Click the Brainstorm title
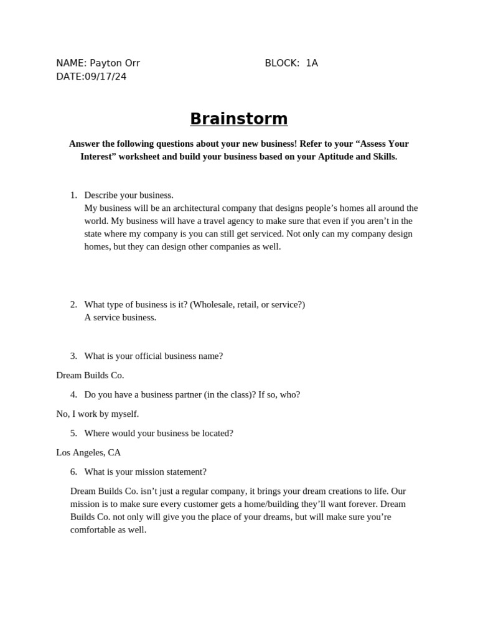[238, 119]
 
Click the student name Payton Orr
[115, 63]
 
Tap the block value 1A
[311, 63]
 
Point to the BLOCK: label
[282, 63]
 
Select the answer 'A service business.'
[120, 317]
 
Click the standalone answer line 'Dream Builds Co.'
[90, 375]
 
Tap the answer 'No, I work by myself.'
[98, 414]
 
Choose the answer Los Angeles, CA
[88, 452]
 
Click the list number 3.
[73, 356]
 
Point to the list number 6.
[73, 472]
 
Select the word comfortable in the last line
[93, 530]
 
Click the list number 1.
[73, 195]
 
